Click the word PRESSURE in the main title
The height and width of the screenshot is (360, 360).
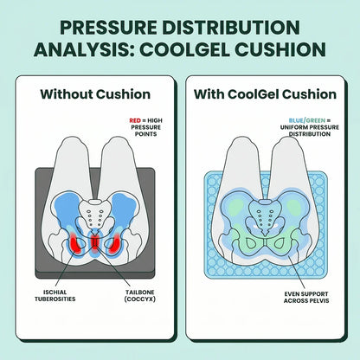(108, 28)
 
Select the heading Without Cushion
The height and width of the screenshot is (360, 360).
(95, 94)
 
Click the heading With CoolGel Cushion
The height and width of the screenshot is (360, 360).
(265, 94)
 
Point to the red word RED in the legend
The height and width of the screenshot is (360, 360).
(135, 120)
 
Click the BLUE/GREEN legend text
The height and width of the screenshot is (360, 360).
(307, 120)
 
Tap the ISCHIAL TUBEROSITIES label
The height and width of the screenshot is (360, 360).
(55, 296)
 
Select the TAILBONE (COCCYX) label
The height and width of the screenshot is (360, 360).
(140, 296)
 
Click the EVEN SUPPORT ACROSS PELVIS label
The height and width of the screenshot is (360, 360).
(306, 297)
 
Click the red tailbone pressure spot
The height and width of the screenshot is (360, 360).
(94, 241)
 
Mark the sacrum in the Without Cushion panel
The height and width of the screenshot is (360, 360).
(94, 214)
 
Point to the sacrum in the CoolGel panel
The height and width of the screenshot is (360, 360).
(265, 215)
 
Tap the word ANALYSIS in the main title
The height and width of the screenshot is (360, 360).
(84, 49)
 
